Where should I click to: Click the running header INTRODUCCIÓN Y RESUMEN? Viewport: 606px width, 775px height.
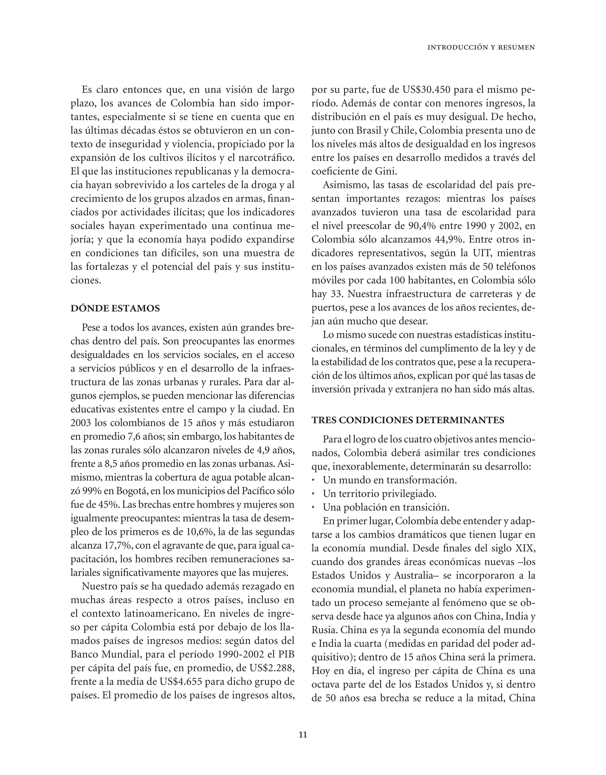tap(481, 48)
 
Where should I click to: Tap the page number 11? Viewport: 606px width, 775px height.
tap(303, 734)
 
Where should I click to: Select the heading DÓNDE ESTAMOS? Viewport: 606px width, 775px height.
tap(115, 308)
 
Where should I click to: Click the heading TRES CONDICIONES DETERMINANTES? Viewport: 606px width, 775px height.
tap(408, 420)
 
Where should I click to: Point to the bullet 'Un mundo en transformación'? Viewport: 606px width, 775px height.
tap(389, 480)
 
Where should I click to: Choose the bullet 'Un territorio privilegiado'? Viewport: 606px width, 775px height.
tap(379, 494)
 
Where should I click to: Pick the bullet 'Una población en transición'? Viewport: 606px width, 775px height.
tap(383, 507)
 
